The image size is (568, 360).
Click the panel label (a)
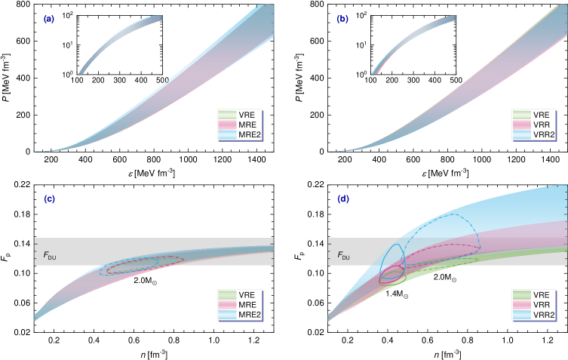[x=48, y=19]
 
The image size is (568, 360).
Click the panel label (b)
[x=342, y=19]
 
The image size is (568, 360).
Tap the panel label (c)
[x=49, y=199]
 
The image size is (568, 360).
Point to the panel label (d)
[x=343, y=199]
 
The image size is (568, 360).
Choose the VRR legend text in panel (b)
[x=540, y=124]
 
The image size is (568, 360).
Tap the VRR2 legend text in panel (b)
[x=542, y=134]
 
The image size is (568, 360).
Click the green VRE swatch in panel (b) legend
[x=521, y=114]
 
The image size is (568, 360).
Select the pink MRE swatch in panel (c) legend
[x=227, y=304]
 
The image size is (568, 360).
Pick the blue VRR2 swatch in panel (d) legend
[x=521, y=314]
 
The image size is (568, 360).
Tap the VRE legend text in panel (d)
[x=540, y=294]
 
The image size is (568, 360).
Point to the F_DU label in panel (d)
[x=342, y=256]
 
